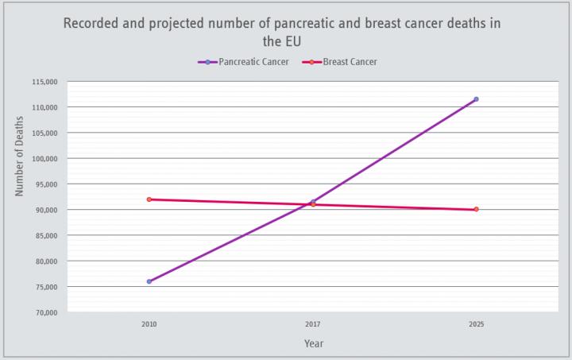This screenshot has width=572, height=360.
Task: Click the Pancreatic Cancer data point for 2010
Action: tap(149, 281)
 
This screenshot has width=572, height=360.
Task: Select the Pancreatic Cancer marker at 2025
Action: tap(476, 99)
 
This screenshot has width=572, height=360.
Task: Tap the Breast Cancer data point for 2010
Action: tap(149, 199)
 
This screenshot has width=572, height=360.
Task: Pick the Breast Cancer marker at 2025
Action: tap(476, 210)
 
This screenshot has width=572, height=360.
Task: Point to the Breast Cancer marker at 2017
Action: tap(313, 204)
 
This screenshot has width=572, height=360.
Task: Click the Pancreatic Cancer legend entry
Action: tap(242, 62)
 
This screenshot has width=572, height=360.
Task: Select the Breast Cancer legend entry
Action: tap(340, 62)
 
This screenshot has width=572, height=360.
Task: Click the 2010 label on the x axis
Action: tap(149, 324)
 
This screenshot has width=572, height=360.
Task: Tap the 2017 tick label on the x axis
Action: tap(313, 324)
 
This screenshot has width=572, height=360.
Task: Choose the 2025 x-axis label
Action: tap(476, 324)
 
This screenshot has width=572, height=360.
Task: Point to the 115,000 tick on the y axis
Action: tap(44, 82)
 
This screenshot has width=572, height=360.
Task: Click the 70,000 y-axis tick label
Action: tap(46, 312)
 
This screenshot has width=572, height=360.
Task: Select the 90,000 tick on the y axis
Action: tap(46, 210)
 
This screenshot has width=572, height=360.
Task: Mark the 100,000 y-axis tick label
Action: tap(44, 159)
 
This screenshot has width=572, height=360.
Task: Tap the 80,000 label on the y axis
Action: tap(46, 261)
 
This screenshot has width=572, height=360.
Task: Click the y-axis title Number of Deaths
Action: tap(20, 156)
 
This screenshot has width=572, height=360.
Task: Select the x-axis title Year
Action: tap(313, 343)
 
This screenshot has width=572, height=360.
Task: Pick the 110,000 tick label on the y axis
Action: tap(44, 107)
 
